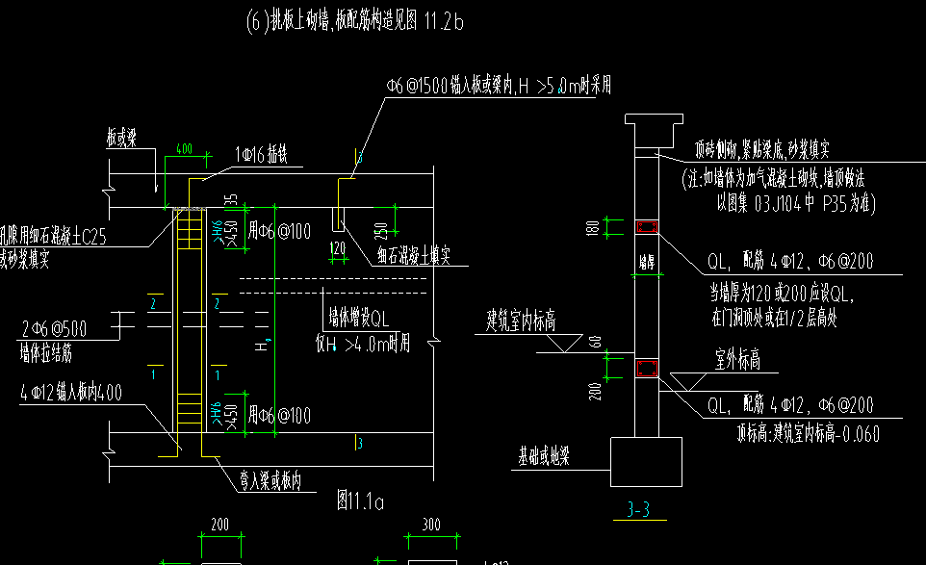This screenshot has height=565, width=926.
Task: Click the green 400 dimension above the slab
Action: coord(184,150)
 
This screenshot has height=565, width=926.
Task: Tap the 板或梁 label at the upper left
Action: coord(122,139)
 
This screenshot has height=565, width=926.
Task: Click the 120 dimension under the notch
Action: coord(337,247)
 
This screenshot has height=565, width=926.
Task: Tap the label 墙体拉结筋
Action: coord(44,353)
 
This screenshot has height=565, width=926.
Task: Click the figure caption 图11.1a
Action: coord(361,501)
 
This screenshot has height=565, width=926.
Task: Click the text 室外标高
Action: coord(738,360)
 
